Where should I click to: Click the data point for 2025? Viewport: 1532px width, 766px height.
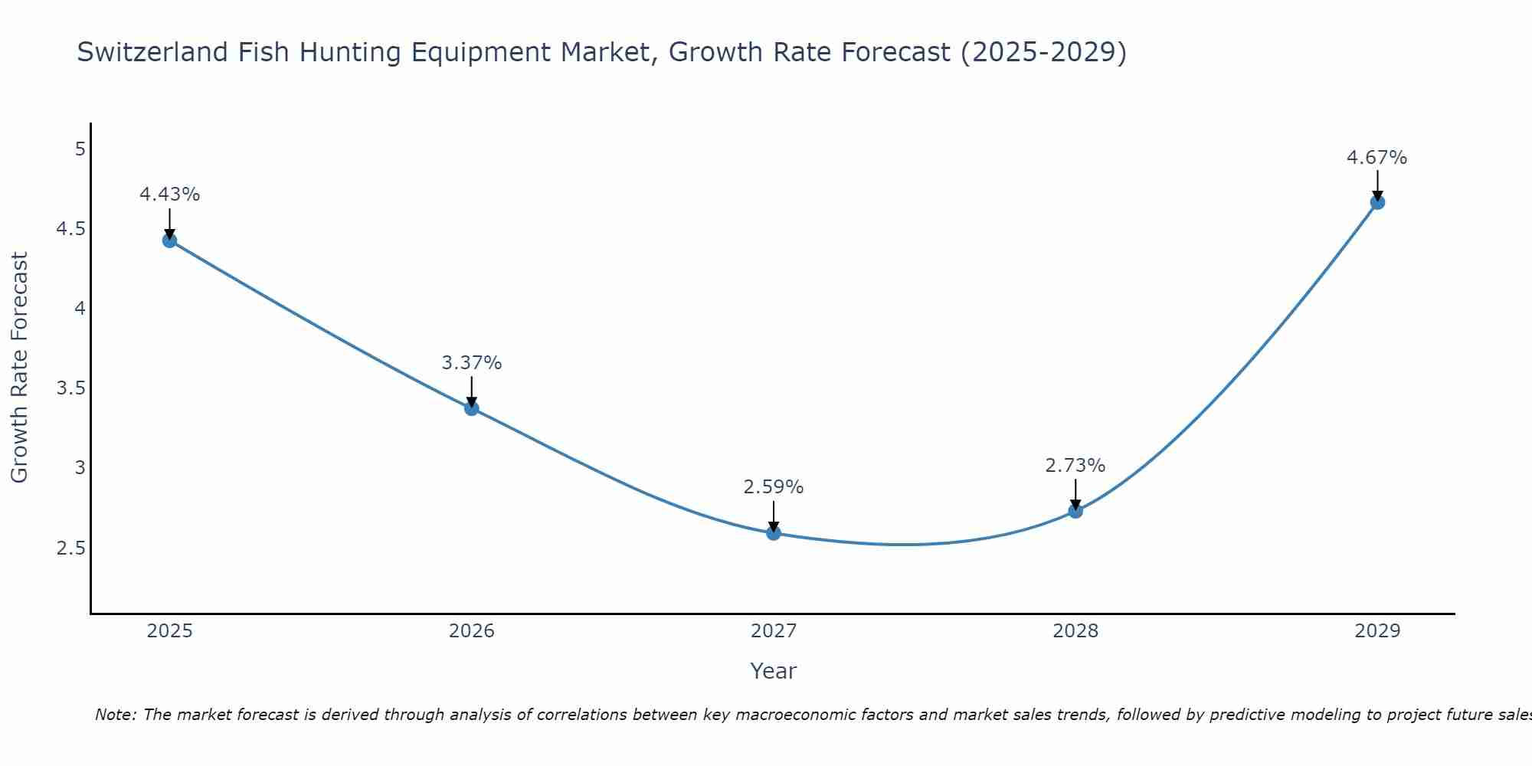[x=169, y=241]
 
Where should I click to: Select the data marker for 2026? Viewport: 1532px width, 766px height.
[x=472, y=408]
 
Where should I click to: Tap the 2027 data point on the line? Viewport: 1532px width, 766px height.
[x=774, y=533]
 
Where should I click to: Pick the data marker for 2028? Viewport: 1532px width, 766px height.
[x=1075, y=511]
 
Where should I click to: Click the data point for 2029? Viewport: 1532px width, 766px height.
[x=1377, y=202]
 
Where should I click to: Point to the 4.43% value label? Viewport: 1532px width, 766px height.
[x=169, y=195]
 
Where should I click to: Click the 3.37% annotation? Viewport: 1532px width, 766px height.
[x=472, y=363]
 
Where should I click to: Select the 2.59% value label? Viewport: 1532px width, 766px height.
[x=774, y=487]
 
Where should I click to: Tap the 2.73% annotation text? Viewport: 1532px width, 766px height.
[x=1075, y=466]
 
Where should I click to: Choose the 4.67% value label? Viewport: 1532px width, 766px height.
[x=1377, y=158]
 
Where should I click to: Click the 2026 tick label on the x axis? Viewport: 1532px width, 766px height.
[x=472, y=631]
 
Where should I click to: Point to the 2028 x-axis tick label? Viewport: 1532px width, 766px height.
[x=1075, y=631]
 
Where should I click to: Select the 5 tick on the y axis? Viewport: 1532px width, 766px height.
[x=80, y=149]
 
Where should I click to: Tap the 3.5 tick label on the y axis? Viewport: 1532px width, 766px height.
[x=71, y=388]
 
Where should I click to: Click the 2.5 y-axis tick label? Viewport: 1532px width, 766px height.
[x=71, y=548]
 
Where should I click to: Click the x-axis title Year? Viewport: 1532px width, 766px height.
[x=774, y=671]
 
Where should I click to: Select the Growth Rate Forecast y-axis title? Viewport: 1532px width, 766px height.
[x=19, y=368]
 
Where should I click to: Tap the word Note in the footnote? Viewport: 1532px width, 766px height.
[x=115, y=715]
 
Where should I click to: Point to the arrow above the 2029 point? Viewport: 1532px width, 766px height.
[x=1377, y=184]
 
